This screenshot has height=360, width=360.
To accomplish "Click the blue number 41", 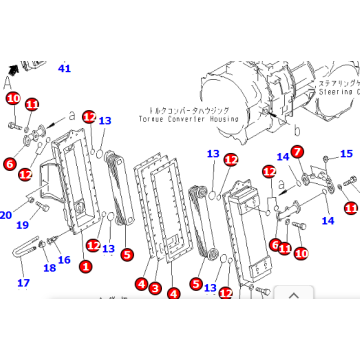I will tap(65, 68).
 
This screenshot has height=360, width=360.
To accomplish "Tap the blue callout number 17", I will tap(24, 283).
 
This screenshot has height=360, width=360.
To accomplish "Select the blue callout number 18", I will tap(49, 268).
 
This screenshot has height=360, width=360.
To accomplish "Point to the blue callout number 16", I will tap(64, 260).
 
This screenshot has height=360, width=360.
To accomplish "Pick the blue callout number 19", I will tap(21, 225).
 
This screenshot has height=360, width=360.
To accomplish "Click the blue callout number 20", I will tap(6, 214).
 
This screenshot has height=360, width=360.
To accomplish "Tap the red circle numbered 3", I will tap(155, 288).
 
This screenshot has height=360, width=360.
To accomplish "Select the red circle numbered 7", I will tap(297, 151).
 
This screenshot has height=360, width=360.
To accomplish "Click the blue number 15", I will tap(347, 154).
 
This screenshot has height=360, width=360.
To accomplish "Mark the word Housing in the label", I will tap(243, 118).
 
